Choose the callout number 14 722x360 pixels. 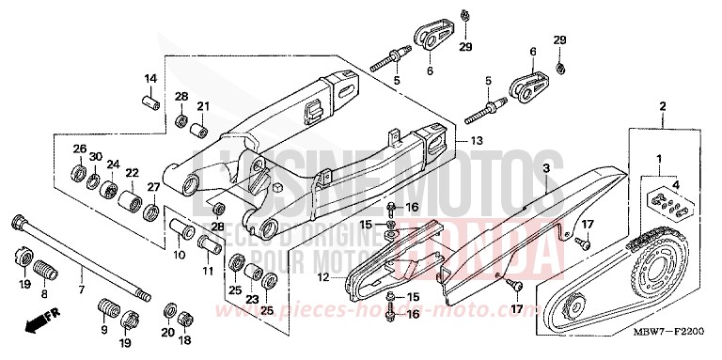pos(149,77)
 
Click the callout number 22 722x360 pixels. pos(132,172)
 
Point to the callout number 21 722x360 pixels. pos(202,105)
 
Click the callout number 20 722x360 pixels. pos(167,333)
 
